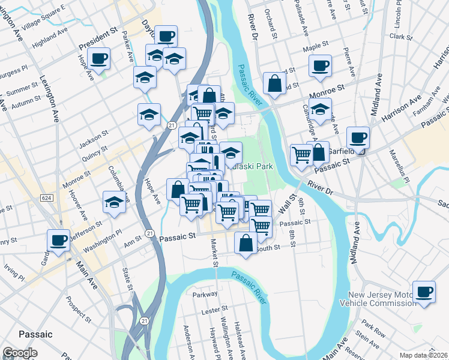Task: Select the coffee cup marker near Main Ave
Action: [59, 241]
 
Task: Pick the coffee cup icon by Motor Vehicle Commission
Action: [424, 292]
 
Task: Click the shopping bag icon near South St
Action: [246, 243]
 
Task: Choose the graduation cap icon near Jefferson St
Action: [113, 202]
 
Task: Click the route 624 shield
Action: [46, 197]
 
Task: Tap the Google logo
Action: [20, 353]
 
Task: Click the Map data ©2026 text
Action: [423, 355]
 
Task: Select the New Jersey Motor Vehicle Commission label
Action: [382, 299]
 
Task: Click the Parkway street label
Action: [205, 295]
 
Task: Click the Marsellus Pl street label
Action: [400, 171]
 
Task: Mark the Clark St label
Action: [399, 36]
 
